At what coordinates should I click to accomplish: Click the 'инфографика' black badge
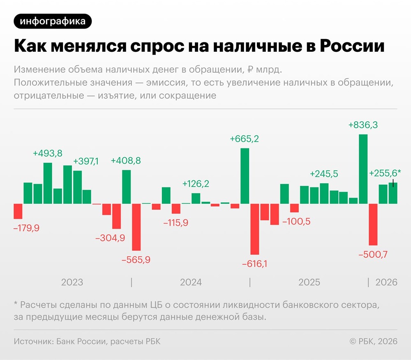point(53,21)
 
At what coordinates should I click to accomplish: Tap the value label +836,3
point(363,125)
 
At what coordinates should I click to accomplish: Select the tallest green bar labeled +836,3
point(363,169)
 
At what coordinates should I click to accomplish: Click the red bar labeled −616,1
point(255,229)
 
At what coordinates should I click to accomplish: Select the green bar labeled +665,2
point(245,176)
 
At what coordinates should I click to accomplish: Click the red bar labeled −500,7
point(373,224)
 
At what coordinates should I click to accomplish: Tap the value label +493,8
point(48,153)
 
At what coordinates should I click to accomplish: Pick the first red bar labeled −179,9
point(18,211)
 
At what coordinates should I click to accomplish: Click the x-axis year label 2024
point(191,282)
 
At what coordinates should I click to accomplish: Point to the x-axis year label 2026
point(386,282)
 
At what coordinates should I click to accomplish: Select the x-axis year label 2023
point(72,282)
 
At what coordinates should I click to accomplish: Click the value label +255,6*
point(385,173)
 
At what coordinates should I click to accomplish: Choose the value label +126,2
point(196,184)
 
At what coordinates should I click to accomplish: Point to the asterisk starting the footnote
point(16,305)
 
